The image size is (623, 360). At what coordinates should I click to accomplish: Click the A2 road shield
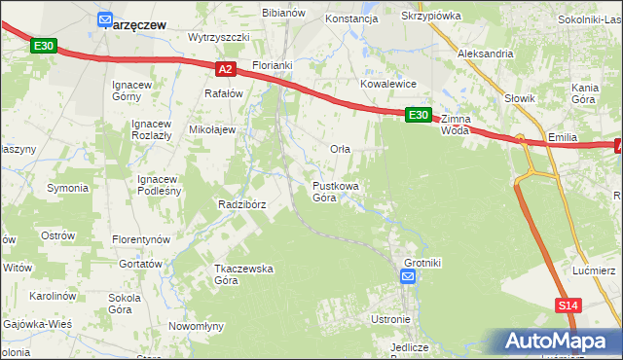[x=225, y=69]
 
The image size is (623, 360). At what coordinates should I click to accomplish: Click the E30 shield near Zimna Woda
[x=418, y=115]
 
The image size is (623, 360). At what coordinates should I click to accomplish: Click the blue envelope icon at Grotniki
[x=408, y=278]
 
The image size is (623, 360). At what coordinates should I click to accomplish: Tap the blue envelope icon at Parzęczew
[x=106, y=18]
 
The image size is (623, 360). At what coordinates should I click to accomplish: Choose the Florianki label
[x=273, y=65]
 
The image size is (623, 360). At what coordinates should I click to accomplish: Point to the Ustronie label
[x=391, y=319]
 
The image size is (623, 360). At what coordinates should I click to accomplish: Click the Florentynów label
[x=141, y=238]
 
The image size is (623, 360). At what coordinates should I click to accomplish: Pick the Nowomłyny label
[x=198, y=326]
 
